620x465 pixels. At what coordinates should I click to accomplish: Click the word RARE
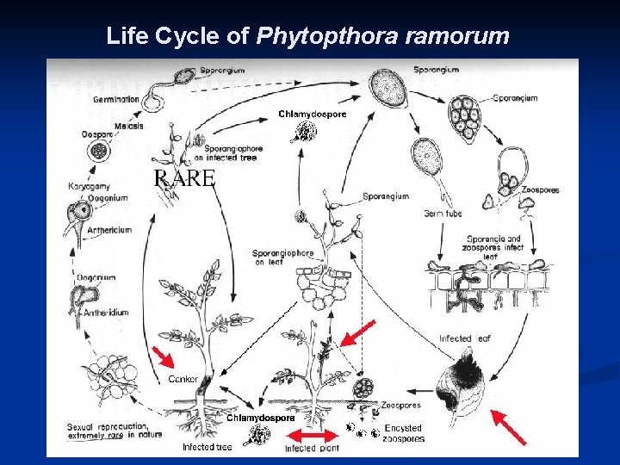[183, 179]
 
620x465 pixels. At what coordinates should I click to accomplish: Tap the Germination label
[116, 100]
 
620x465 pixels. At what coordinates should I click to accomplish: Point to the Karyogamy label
[89, 187]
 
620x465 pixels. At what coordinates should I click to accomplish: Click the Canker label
[183, 378]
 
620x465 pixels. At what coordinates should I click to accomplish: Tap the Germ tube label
[443, 214]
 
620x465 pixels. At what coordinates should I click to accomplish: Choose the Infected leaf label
[465, 338]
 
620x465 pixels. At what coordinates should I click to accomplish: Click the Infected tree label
[208, 447]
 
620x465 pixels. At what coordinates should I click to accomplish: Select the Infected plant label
[313, 448]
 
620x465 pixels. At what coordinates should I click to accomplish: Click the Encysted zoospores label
[403, 432]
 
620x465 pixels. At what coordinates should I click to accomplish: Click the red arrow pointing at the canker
[164, 356]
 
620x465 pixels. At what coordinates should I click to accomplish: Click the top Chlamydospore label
[312, 114]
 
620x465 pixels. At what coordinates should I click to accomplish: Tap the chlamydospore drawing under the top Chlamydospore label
[305, 132]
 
